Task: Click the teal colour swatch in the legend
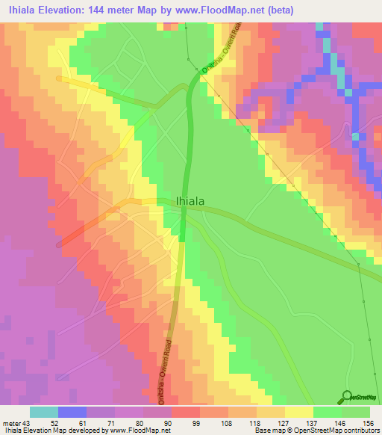44,412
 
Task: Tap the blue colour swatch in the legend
72,412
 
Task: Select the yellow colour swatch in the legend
299,412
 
